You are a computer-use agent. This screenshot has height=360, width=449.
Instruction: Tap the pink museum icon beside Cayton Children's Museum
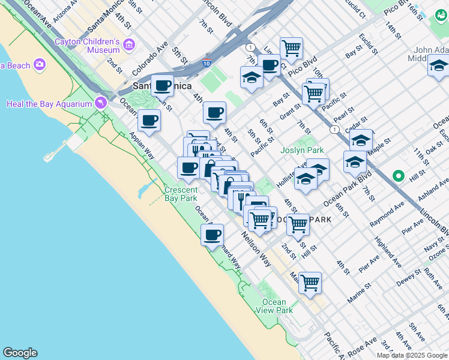128,44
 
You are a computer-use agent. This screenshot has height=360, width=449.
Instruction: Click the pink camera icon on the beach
40,64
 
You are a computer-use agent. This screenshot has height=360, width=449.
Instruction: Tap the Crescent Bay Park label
181,194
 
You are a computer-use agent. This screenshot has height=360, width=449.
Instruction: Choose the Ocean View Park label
278,306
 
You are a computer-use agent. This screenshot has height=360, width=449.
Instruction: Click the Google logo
20,353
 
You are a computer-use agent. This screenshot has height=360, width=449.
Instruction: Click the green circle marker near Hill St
397,176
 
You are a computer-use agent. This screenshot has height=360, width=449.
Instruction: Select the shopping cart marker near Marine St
310,283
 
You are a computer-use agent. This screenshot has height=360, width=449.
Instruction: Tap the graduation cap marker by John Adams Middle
439,65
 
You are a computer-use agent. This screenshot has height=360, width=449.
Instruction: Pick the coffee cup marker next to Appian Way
149,120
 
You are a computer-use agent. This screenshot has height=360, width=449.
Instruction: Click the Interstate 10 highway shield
206,63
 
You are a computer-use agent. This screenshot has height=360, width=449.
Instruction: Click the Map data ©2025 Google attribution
412,355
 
